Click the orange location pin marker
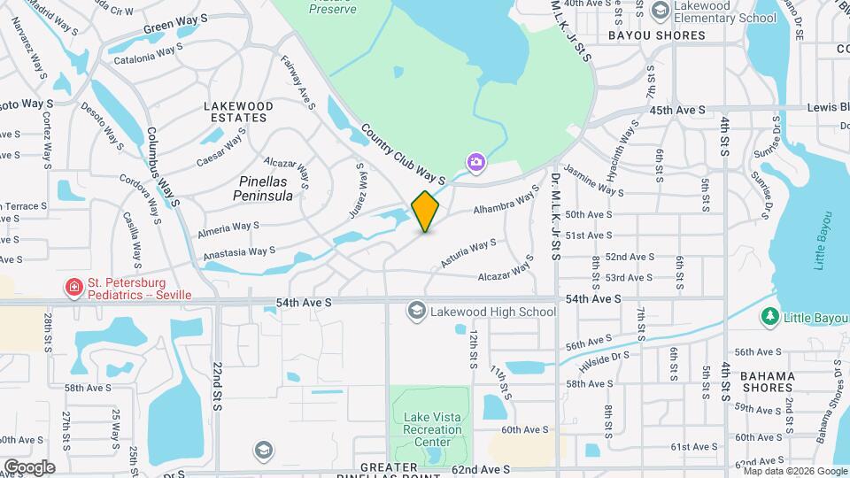pos(426,211)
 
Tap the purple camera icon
pos(476,162)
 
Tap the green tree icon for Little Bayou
pos(769,316)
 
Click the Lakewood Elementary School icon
pos(659,11)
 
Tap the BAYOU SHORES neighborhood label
pos(656,36)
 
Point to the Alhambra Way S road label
pos(506,199)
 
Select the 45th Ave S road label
pos(677,110)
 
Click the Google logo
pos(29,466)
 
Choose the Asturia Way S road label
pos(468,253)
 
